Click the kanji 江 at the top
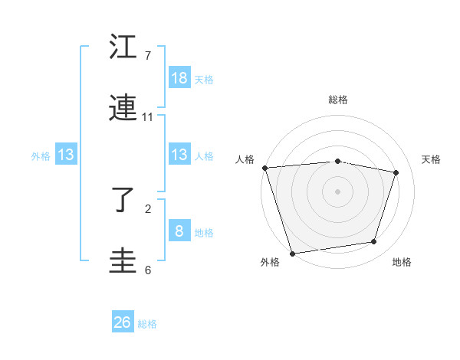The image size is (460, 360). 123,47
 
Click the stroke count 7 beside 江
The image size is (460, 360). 148,56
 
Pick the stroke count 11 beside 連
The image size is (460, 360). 148,117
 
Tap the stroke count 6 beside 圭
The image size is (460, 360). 148,270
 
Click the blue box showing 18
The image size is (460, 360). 179,78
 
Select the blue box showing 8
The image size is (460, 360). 179,231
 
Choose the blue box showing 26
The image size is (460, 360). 123,322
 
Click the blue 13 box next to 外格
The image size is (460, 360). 66,155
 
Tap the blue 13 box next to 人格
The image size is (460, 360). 179,155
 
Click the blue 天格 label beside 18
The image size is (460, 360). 204,79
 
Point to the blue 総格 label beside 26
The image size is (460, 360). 147,324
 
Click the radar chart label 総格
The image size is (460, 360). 338,100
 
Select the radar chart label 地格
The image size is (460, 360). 402,263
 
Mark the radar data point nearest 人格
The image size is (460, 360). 264,168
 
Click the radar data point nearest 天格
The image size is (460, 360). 396,172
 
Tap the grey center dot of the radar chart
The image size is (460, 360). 337,191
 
